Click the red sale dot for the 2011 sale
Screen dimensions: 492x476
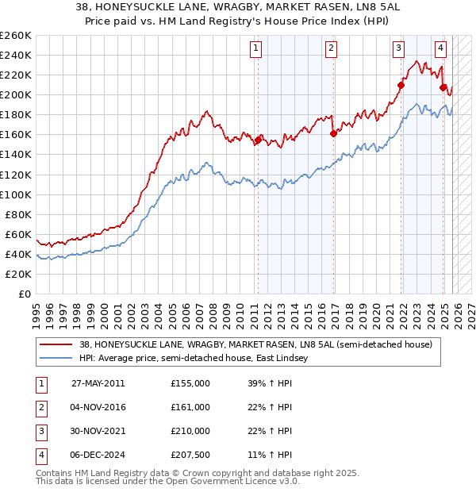(258, 140)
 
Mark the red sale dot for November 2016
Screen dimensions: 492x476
(332, 133)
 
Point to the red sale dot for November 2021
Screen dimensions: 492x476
(401, 85)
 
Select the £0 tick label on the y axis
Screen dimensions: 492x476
(25, 294)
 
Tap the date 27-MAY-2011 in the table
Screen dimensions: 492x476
(98, 382)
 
